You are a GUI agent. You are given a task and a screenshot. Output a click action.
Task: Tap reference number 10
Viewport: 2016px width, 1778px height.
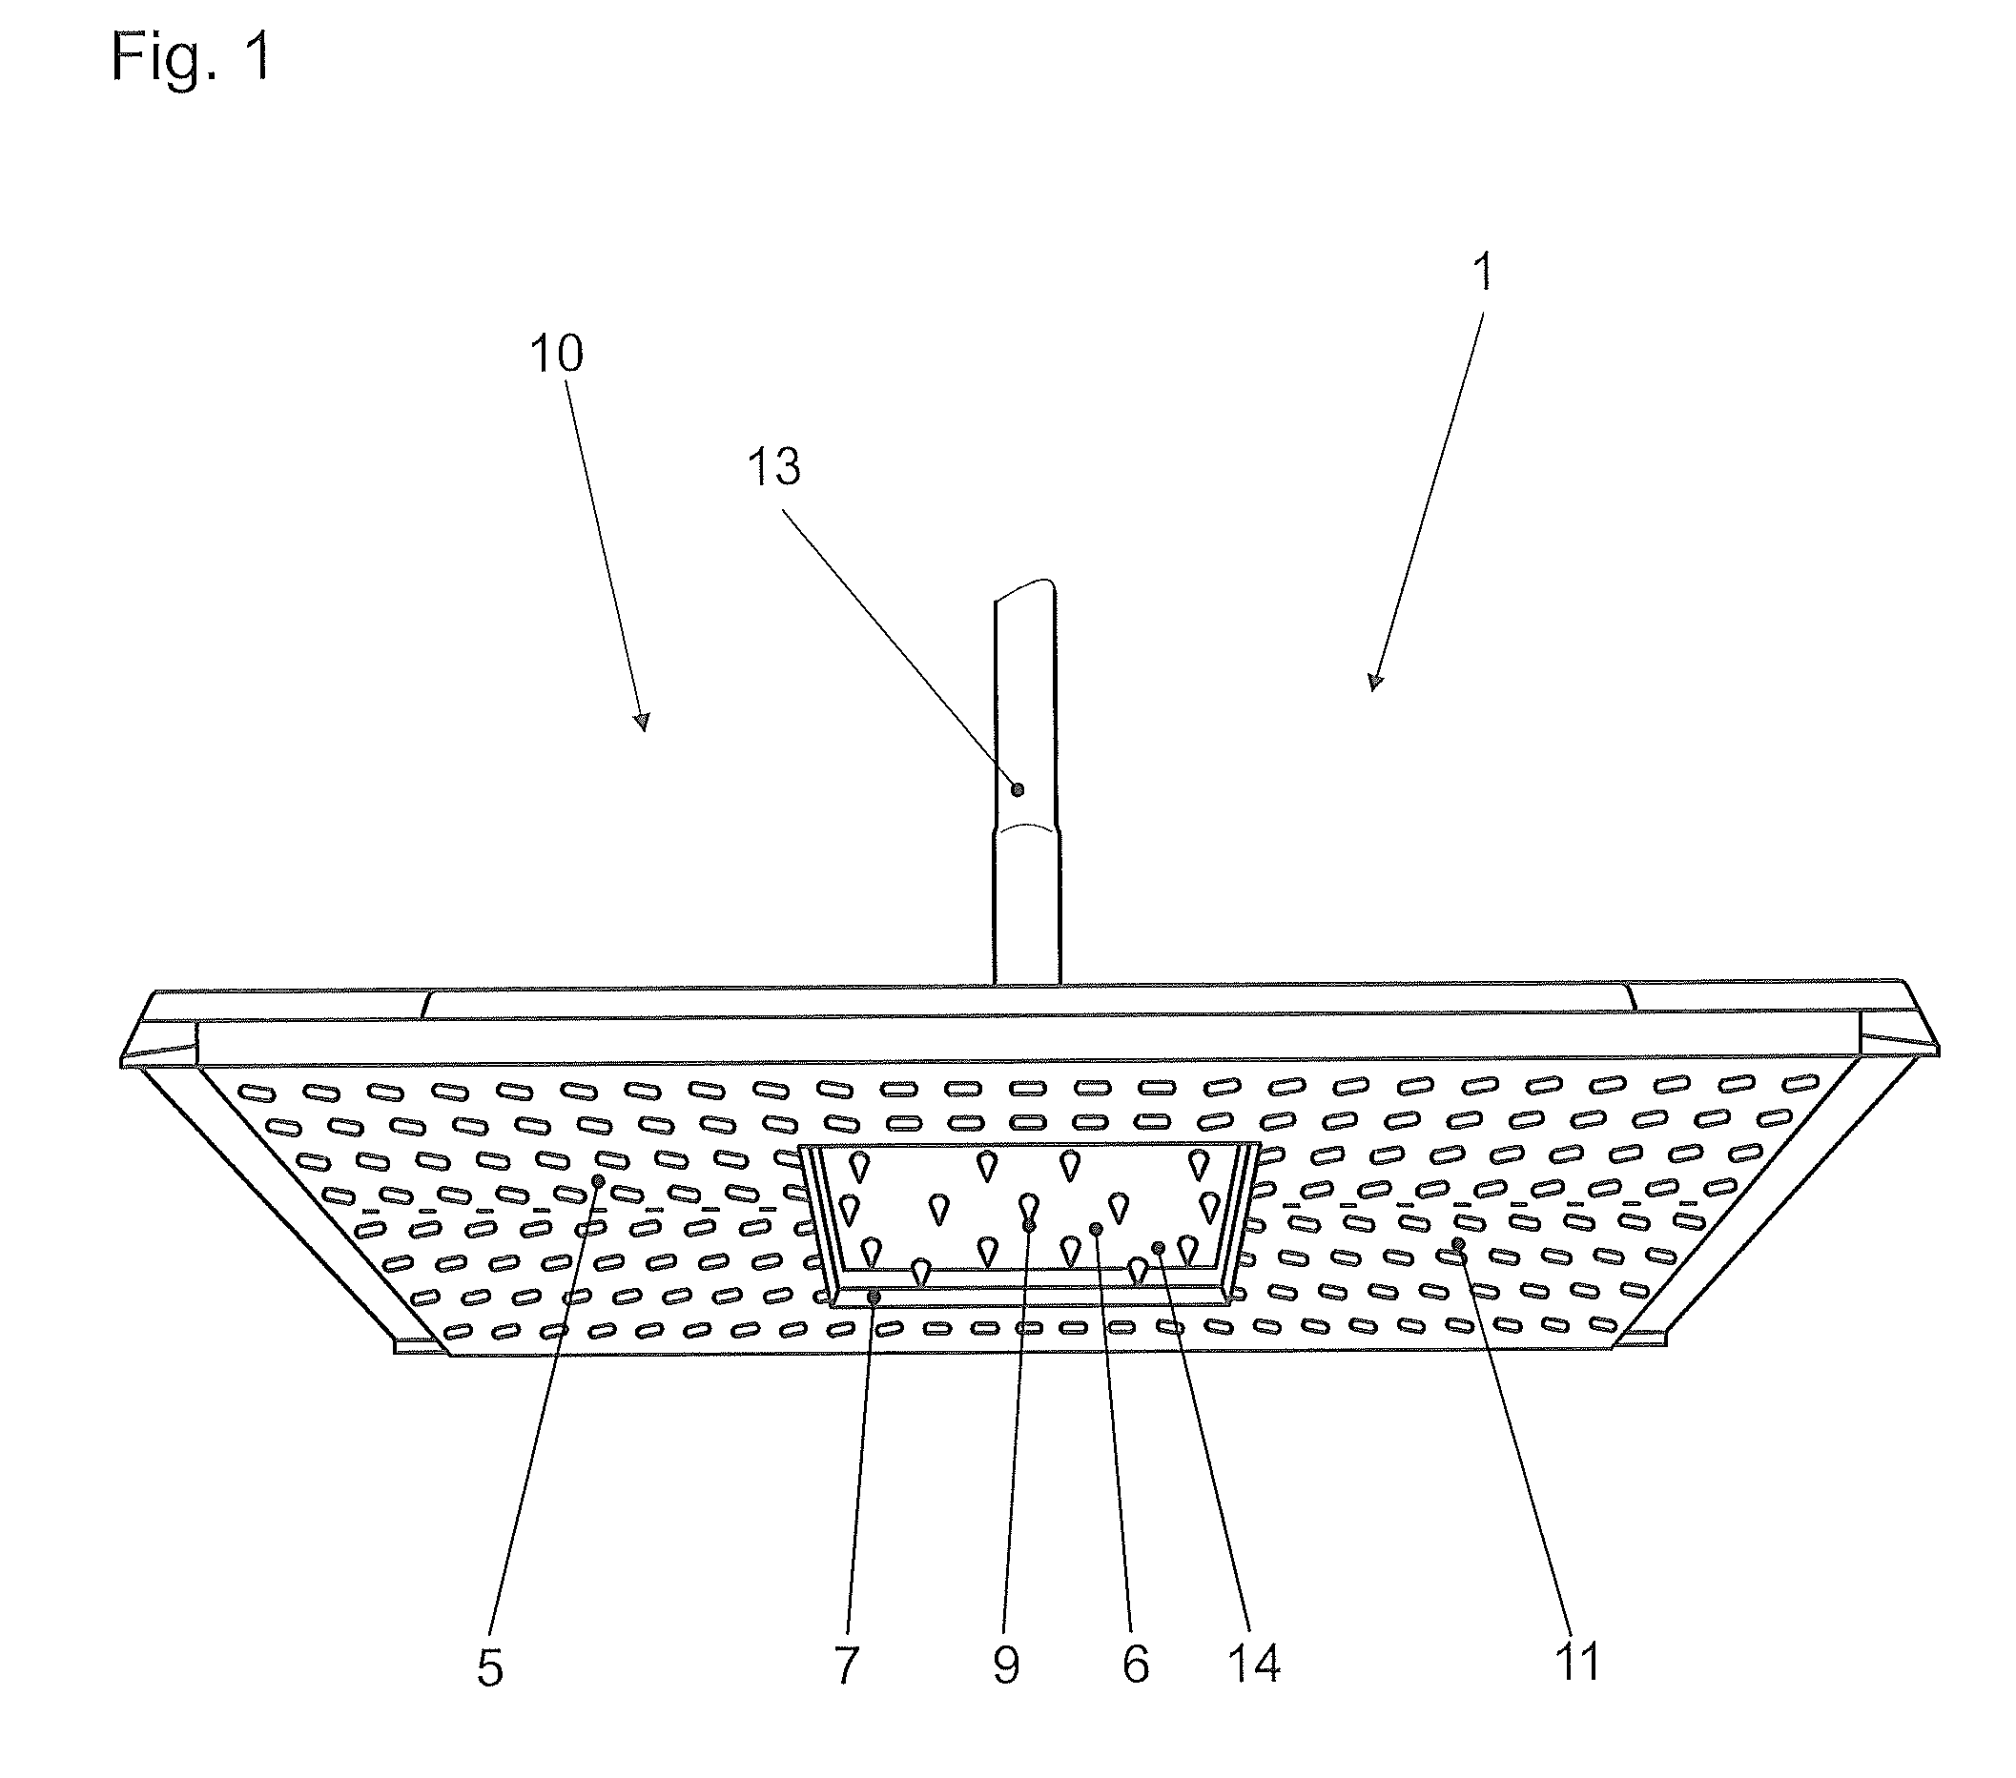point(556,353)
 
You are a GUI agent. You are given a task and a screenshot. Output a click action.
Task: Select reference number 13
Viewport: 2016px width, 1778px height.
point(773,466)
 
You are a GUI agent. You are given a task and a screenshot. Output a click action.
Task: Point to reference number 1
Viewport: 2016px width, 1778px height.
point(1482,271)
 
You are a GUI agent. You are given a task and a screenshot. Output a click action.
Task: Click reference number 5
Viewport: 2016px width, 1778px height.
point(490,1668)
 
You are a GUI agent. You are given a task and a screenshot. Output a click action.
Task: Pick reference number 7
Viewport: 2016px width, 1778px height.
point(846,1666)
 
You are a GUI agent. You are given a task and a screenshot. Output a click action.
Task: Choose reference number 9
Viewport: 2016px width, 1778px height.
point(1005,1666)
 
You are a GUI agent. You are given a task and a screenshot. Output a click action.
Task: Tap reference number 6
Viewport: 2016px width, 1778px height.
point(1135,1666)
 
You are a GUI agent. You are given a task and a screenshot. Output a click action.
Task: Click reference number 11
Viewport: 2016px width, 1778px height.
point(1577,1663)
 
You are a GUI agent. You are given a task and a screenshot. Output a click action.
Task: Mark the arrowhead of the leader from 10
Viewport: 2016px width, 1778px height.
point(643,722)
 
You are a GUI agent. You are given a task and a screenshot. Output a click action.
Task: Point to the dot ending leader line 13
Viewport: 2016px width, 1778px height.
point(1018,789)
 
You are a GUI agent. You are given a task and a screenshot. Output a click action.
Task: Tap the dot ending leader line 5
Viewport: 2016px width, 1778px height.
point(598,1180)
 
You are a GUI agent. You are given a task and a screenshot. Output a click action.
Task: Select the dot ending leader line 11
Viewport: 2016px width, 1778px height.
point(1458,1243)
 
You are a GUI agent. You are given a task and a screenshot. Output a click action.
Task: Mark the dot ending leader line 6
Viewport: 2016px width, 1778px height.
point(1096,1228)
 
